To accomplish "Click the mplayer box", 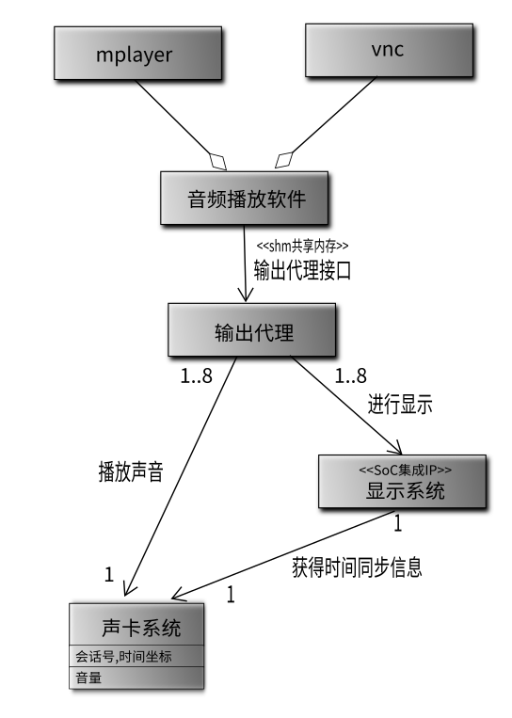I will pyautogui.click(x=134, y=54).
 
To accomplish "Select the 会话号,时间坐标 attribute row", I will pyautogui.click(x=137, y=656).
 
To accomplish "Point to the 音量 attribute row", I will pyautogui.click(x=137, y=677).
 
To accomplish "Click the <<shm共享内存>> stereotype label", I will pyautogui.click(x=303, y=246).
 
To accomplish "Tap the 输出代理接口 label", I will pyautogui.click(x=303, y=270).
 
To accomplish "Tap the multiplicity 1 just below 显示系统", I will pyautogui.click(x=398, y=522).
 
